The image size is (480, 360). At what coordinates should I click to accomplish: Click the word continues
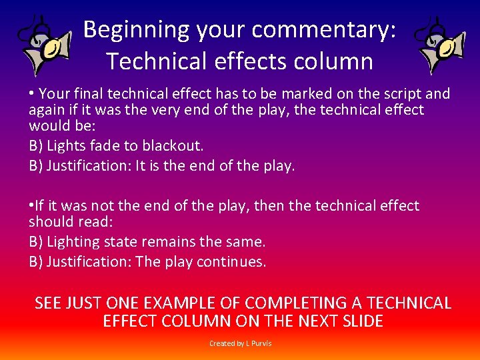231,262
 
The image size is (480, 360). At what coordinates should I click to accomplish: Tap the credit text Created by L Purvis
240,343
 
